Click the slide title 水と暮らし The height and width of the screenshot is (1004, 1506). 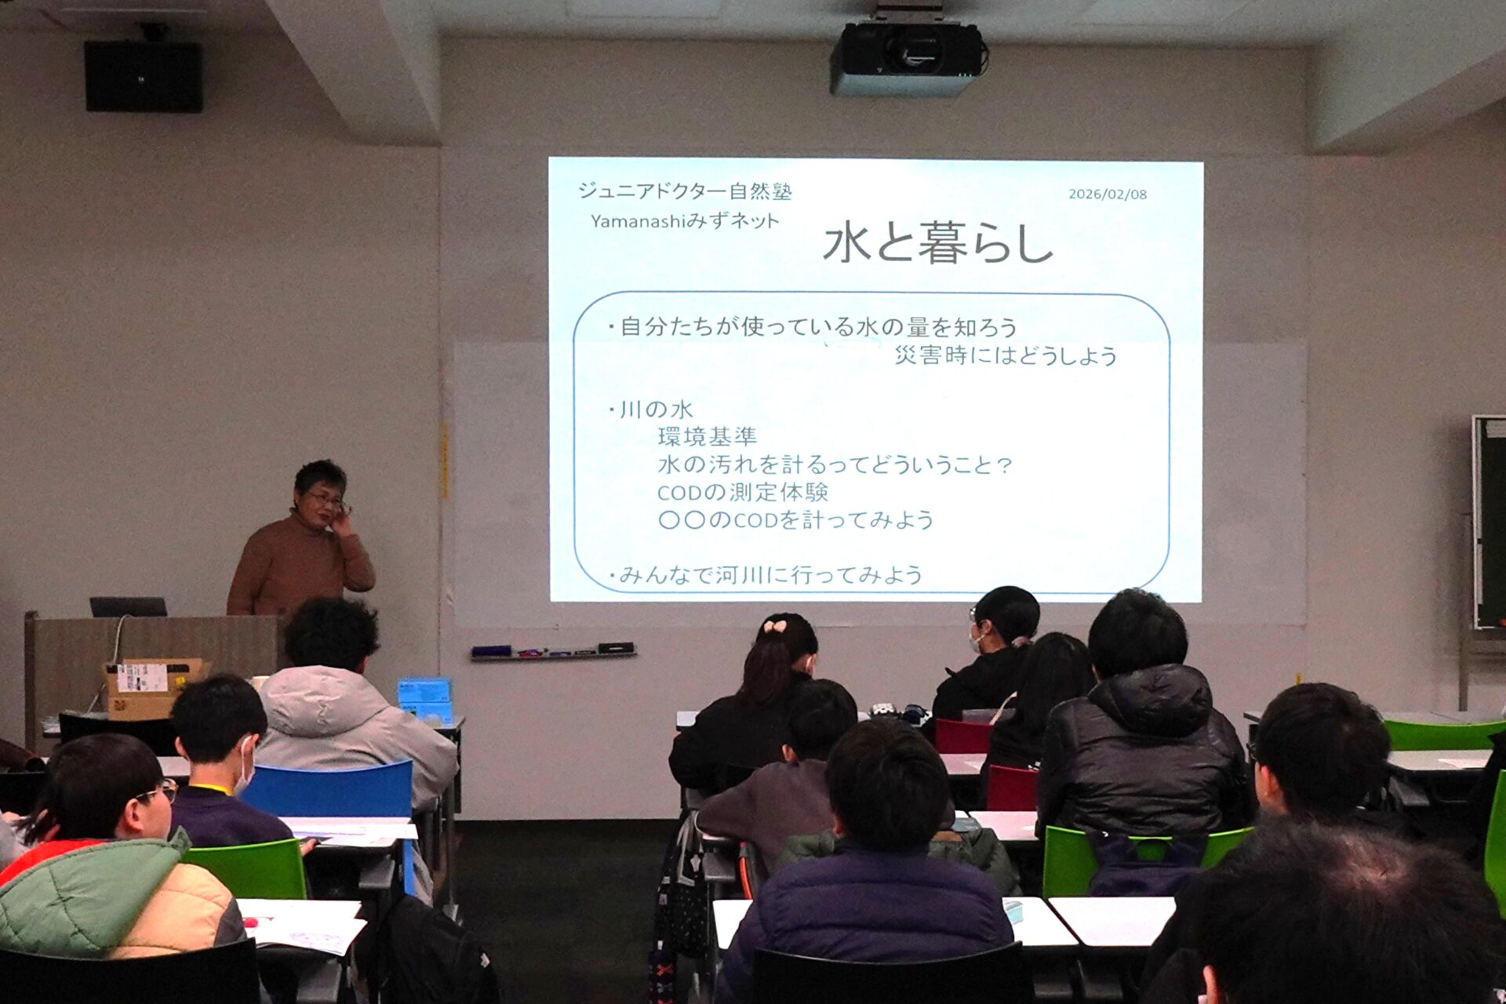(938, 242)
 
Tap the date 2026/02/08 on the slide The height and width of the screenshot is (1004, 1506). (1108, 194)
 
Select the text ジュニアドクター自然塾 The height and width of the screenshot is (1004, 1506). (685, 191)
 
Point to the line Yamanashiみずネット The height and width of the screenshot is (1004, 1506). (685, 221)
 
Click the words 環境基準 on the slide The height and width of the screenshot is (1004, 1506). (708, 436)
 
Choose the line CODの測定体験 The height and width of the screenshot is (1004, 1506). (743, 492)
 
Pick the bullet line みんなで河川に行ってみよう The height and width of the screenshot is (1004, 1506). (766, 575)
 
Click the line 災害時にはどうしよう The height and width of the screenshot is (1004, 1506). (1006, 355)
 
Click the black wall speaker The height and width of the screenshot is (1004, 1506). (144, 76)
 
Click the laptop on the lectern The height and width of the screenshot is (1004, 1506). (129, 606)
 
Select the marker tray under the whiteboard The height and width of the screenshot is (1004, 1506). (553, 652)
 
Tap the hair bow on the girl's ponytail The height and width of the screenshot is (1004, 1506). (774, 626)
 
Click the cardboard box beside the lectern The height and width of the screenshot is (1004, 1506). (151, 688)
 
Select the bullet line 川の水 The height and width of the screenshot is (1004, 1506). (652, 409)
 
